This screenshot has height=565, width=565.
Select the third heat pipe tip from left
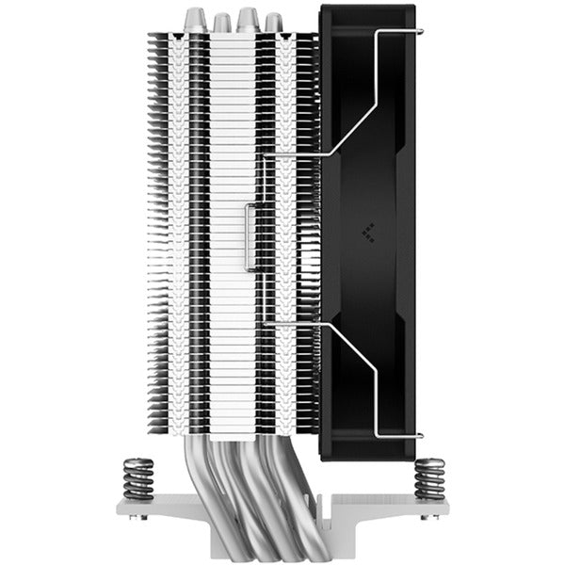pyautogui.click(x=248, y=17)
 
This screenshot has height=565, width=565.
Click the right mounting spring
pyautogui.click(x=429, y=476)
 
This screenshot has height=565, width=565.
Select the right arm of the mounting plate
pyautogui.click(x=405, y=510)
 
